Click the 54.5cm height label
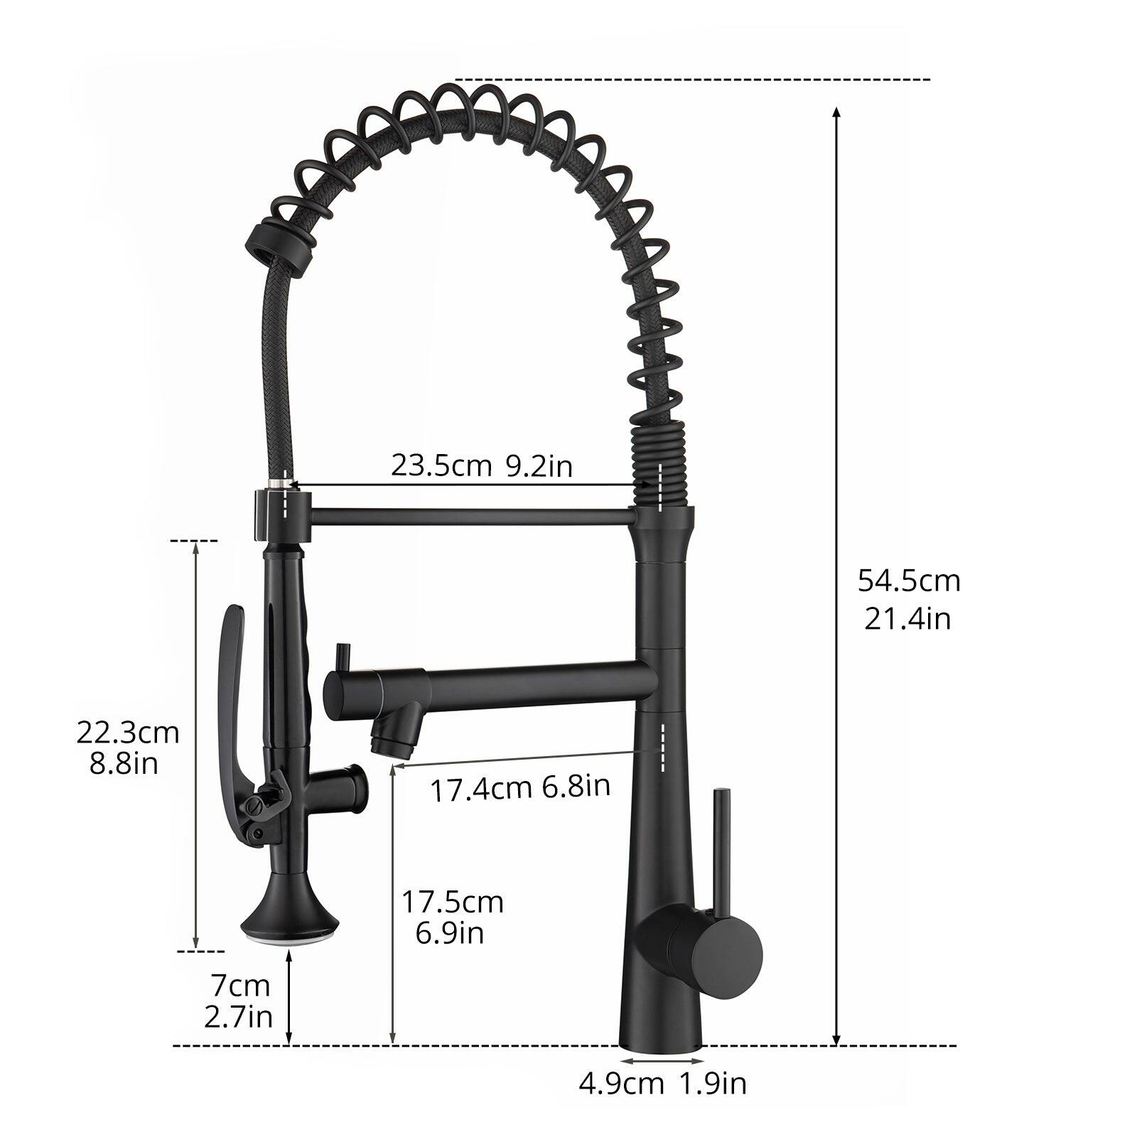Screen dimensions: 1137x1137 pos(908,581)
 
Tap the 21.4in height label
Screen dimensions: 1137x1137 pos(907,619)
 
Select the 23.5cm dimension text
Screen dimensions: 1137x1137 pos(441,466)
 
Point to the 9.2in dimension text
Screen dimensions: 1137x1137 pos(539,466)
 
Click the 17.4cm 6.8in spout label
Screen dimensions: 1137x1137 pos(520,787)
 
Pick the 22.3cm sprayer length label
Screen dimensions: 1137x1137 pos(128,733)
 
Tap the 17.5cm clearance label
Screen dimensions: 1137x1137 pos(453,902)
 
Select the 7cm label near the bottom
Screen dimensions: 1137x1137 pos(241,986)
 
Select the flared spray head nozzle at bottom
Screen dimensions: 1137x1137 pos(290,924)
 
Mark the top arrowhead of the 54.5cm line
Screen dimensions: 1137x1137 pos(836,112)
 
